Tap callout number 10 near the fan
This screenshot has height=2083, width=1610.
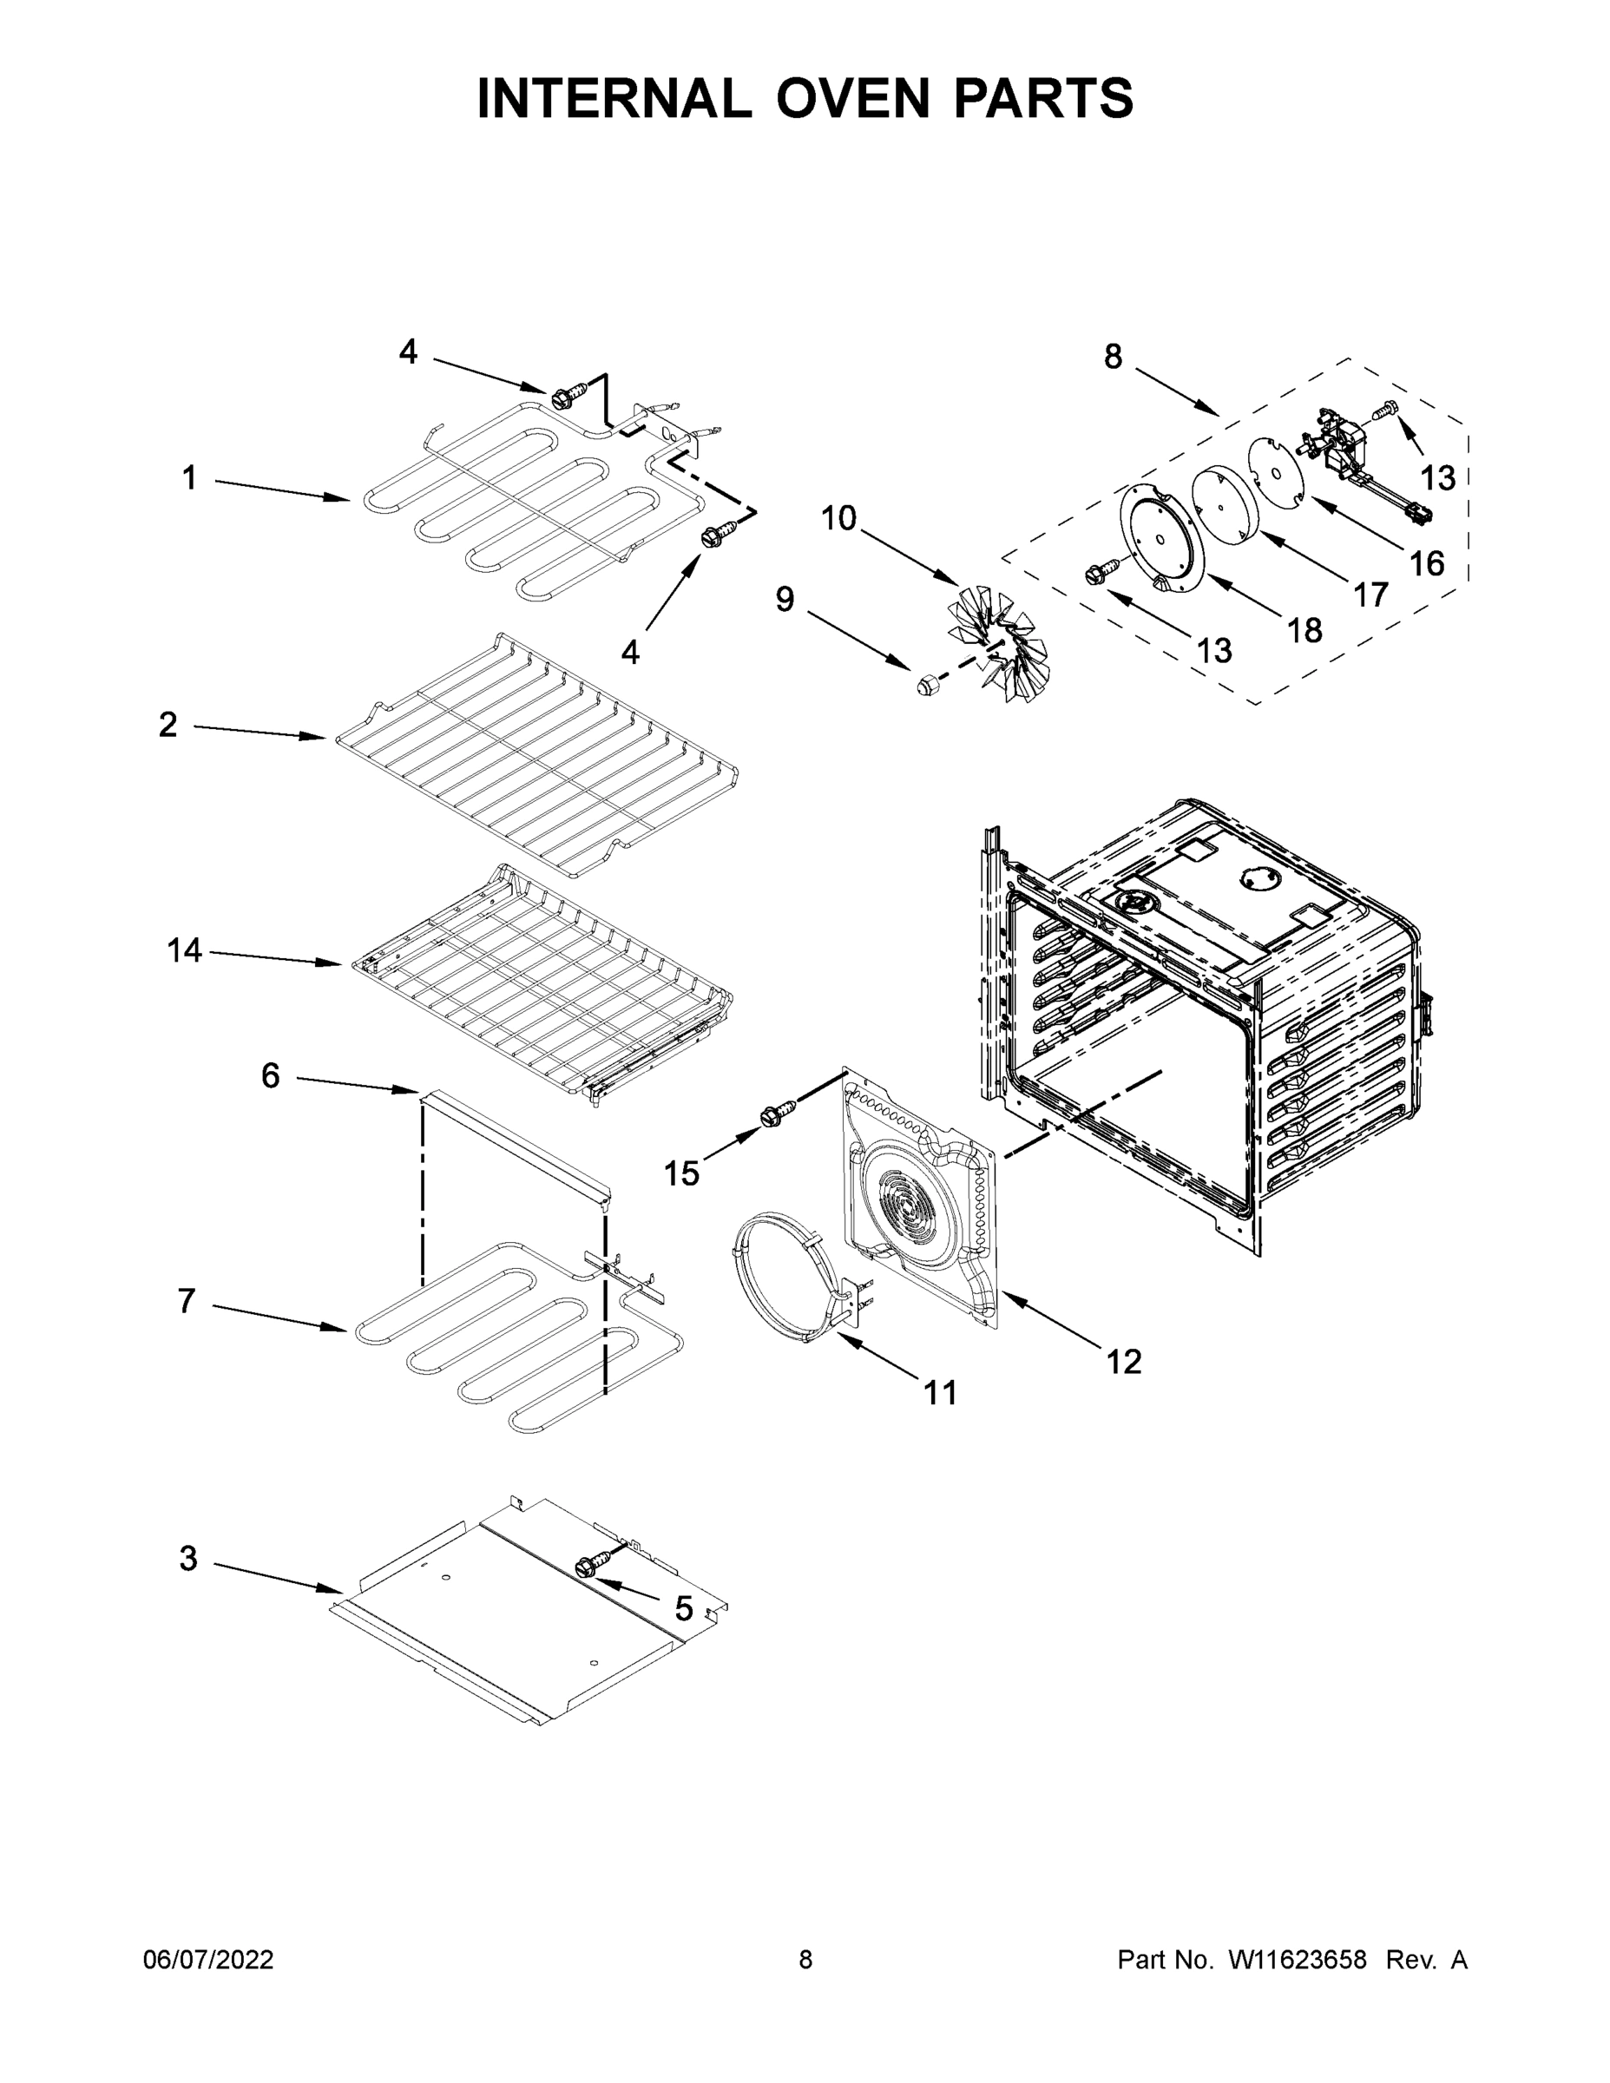pyautogui.click(x=838, y=519)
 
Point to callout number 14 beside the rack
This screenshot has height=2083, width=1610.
pyautogui.click(x=184, y=950)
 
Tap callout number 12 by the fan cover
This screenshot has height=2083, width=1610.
pyautogui.click(x=1124, y=1362)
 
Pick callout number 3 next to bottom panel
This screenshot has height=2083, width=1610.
pyautogui.click(x=189, y=1559)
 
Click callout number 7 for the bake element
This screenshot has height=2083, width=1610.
pyautogui.click(x=187, y=1301)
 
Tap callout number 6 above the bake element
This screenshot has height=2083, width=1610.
pyautogui.click(x=271, y=1076)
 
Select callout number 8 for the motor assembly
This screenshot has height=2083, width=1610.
pyautogui.click(x=1113, y=357)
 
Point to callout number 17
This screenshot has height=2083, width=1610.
pyautogui.click(x=1370, y=595)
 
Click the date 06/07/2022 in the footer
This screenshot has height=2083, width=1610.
pyautogui.click(x=208, y=1960)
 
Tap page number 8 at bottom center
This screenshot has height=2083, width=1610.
pyautogui.click(x=805, y=1960)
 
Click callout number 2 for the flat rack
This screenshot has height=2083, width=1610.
pyautogui.click(x=168, y=725)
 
